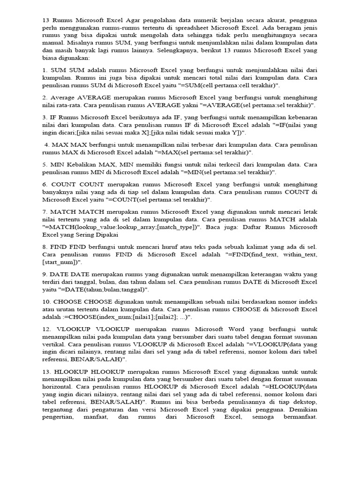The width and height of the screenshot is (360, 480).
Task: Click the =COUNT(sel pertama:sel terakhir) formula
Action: click(157, 200)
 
